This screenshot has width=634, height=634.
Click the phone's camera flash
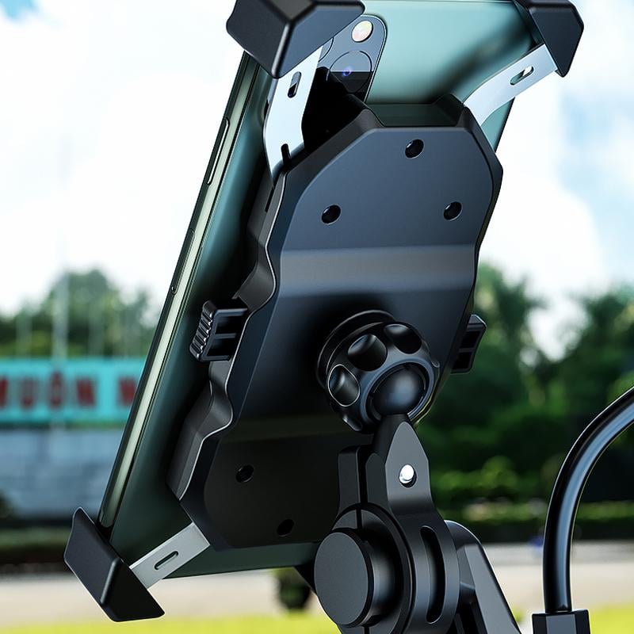point(362,32)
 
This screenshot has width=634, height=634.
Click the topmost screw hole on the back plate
point(414,148)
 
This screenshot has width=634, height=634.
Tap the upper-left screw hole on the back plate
point(330,214)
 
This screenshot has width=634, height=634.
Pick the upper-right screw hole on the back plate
point(453,211)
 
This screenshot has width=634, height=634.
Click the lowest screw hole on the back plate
point(285,527)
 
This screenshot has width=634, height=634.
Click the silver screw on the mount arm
point(407,474)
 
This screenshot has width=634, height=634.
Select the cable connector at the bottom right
point(560,623)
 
